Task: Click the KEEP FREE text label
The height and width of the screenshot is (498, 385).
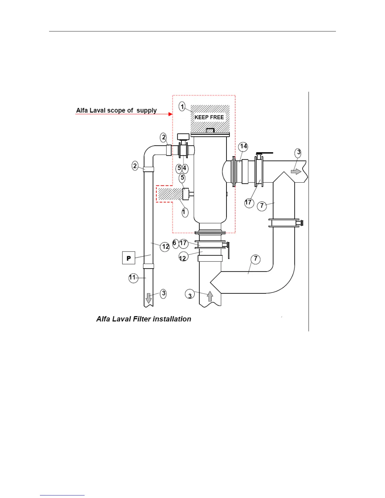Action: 209,117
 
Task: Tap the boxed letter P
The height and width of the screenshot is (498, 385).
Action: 129,258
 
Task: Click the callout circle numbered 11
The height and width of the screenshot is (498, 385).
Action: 133,278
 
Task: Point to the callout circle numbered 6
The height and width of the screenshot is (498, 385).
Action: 175,243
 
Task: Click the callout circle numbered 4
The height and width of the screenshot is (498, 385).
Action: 185,169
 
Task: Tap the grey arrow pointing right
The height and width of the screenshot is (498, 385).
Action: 296,171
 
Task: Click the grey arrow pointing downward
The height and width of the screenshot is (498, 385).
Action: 149,298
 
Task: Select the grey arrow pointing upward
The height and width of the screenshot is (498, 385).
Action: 210,296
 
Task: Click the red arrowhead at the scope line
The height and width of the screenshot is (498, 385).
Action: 170,114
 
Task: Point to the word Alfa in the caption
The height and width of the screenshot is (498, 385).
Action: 103,319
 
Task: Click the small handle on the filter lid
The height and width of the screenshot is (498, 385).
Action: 210,130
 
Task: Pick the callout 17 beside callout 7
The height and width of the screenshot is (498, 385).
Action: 249,202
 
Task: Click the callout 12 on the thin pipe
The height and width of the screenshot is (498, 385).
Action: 165,247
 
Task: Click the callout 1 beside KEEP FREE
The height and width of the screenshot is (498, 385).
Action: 182,107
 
